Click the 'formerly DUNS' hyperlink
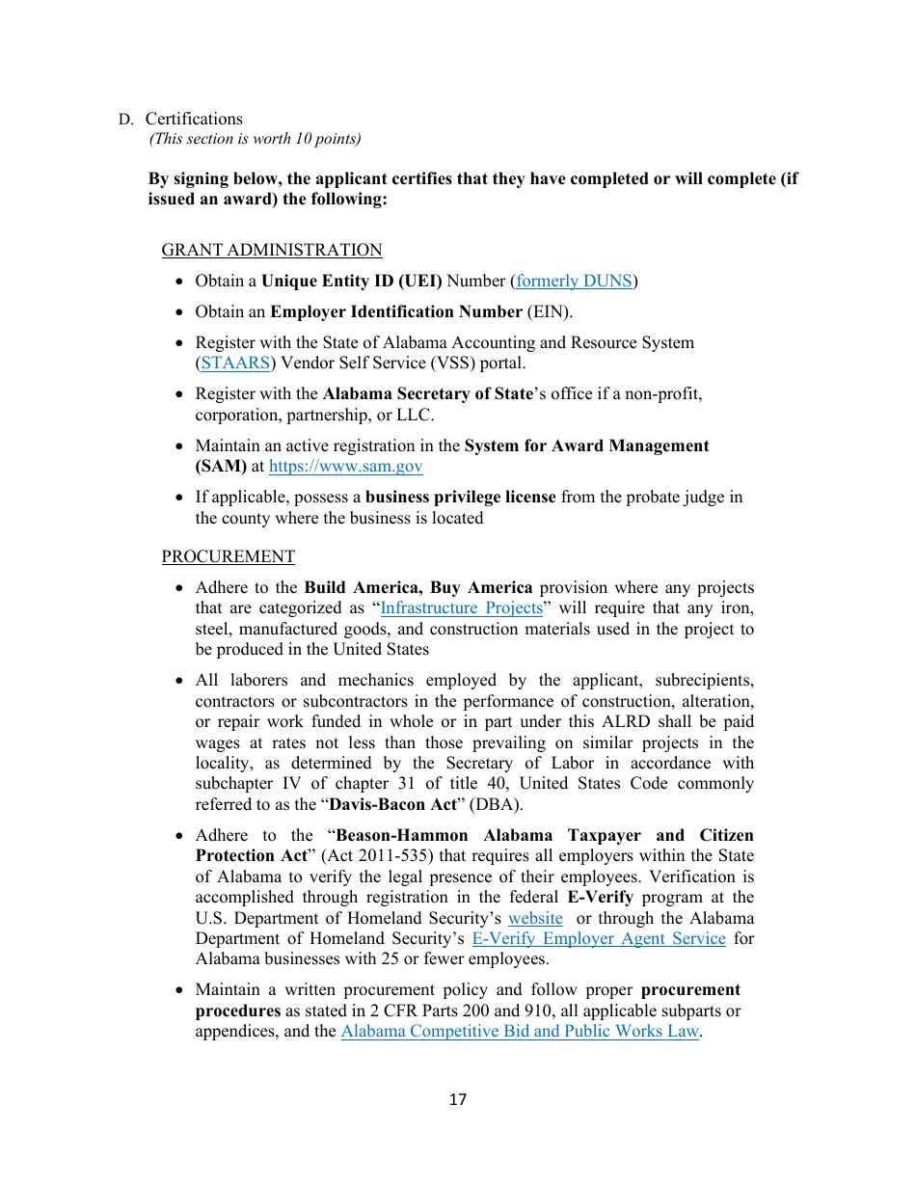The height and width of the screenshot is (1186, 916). tap(574, 282)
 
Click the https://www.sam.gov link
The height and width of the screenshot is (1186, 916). tap(345, 467)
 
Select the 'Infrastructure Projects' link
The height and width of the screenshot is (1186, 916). tap(462, 608)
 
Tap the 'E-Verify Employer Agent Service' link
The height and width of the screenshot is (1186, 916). tap(598, 939)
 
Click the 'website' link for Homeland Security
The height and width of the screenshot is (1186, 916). tap(535, 919)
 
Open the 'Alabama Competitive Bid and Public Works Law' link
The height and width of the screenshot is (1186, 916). tap(520, 1032)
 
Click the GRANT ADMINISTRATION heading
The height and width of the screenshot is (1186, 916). tap(272, 251)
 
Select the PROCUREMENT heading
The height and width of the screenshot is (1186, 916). tap(228, 557)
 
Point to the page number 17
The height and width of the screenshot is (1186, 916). tap(458, 1100)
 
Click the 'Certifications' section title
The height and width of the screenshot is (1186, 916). tap(194, 120)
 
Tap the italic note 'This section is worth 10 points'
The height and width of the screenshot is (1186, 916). tap(255, 139)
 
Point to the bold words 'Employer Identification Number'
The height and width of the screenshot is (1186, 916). tap(395, 312)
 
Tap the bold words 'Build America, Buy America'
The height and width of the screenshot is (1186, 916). tap(418, 588)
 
